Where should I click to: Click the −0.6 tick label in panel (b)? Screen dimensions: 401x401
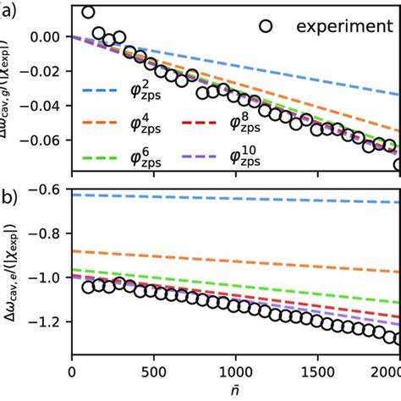[49, 190]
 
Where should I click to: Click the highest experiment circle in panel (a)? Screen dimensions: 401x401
[88, 12]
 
